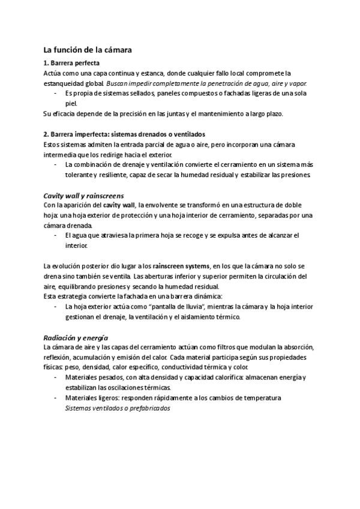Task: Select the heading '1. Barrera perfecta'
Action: click(x=72, y=63)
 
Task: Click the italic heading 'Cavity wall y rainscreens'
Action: click(x=84, y=196)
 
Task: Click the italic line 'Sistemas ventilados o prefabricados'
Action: click(x=118, y=408)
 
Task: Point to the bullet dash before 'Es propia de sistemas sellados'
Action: click(x=55, y=93)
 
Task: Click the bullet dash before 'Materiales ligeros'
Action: click(x=55, y=397)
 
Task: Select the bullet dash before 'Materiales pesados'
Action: click(x=55, y=377)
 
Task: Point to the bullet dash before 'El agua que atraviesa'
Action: click(x=55, y=235)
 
